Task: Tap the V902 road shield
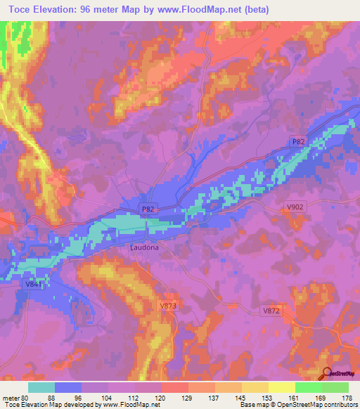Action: tap(295, 207)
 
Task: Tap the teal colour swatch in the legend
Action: tap(41, 387)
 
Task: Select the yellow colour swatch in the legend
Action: tap(281, 387)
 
